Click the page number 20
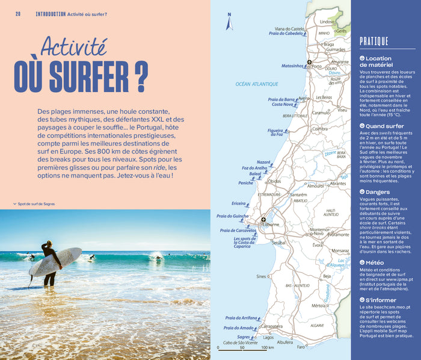[18, 14]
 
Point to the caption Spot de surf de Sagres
[36, 204]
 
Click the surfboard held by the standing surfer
[55, 261]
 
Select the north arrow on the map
[229, 23]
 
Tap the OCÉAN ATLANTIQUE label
[257, 84]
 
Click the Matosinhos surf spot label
[292, 66]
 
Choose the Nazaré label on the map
[263, 162]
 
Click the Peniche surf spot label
[246, 182]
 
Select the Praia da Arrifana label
[241, 318]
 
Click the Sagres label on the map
[243, 337]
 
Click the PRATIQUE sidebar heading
[373, 42]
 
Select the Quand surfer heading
[385, 126]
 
